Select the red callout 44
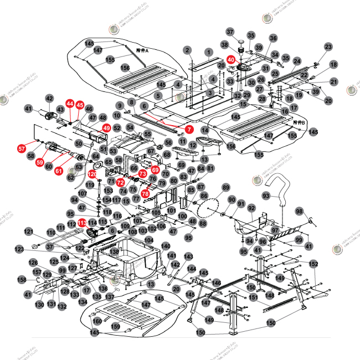coord(70,104)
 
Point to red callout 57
coord(22,148)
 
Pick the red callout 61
coord(59,171)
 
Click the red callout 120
coord(92,174)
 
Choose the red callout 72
coord(120,182)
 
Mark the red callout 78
coord(145,194)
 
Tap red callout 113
coord(81,222)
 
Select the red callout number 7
coord(189,129)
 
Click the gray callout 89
coord(226,188)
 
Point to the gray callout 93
coord(266,196)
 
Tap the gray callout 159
coord(116,327)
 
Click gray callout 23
coord(328,47)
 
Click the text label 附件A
coord(143,50)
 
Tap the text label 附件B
coord(300,122)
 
